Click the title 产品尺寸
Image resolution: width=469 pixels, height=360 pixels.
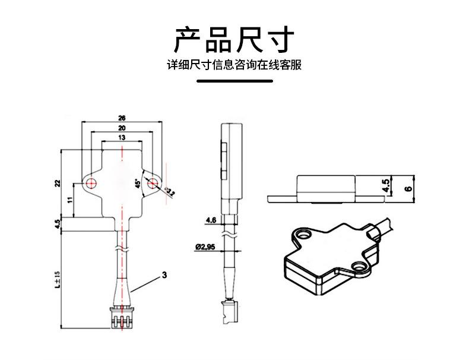[235, 39]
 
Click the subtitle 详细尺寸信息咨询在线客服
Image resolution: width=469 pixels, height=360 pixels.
[235, 65]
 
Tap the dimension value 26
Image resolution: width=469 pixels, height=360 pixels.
[122, 117]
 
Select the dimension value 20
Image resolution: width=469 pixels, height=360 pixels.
[122, 128]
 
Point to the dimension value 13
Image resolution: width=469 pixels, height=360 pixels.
[122, 138]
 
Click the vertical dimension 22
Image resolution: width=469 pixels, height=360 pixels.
[58, 183]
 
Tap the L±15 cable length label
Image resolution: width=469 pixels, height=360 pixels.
[58, 279]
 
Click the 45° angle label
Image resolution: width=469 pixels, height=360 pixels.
[138, 184]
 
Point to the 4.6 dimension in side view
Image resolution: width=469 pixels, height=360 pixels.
[210, 220]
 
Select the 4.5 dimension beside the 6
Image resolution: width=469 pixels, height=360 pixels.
[386, 187]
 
